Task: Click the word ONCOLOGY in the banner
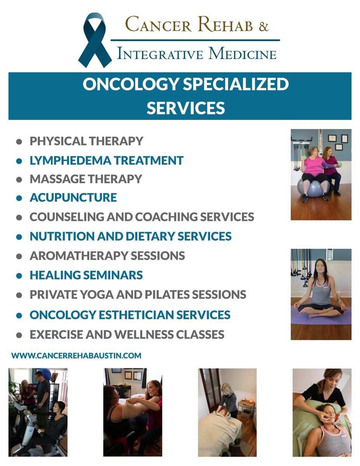[x=130, y=84]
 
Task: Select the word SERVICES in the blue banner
[x=186, y=108]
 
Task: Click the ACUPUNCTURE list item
[x=73, y=197]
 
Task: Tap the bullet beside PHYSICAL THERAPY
[x=19, y=141]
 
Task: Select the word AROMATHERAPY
[x=79, y=256]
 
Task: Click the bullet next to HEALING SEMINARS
[x=19, y=276]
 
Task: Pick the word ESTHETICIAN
[x=136, y=315]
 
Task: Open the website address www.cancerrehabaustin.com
[x=77, y=355]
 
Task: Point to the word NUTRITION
[x=62, y=236]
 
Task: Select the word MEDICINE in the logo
[x=242, y=54]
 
